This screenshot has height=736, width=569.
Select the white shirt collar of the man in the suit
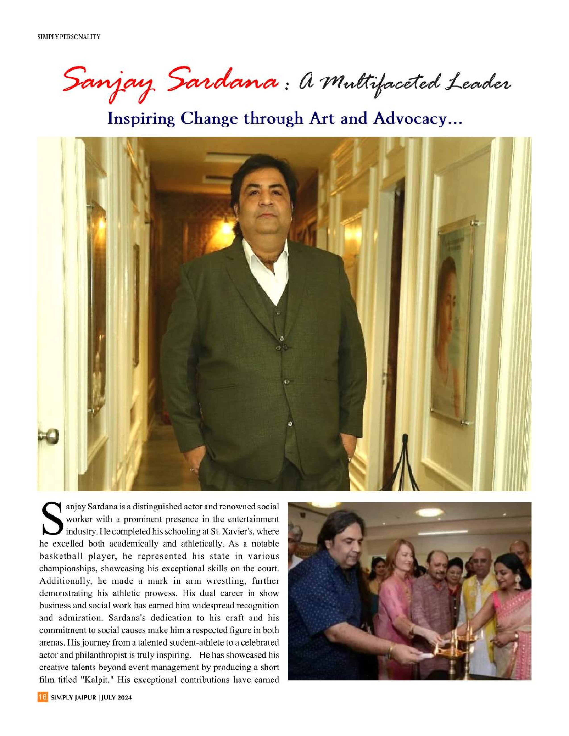[266, 259]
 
